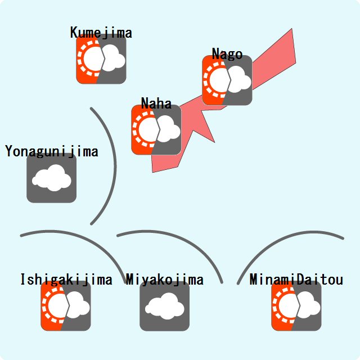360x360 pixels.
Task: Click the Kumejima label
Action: click(x=101, y=33)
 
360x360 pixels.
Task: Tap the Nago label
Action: click(x=227, y=54)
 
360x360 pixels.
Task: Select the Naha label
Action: click(x=156, y=103)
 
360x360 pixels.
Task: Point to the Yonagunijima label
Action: click(x=52, y=151)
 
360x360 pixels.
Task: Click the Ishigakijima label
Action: click(x=66, y=280)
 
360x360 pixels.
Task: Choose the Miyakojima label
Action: click(x=165, y=280)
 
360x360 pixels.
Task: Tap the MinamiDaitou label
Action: click(x=296, y=280)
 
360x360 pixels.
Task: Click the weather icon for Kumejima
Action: click(x=101, y=59)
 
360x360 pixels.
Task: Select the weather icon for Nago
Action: click(x=227, y=80)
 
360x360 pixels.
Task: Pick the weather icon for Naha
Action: click(x=156, y=130)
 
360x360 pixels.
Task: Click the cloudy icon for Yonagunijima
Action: click(x=52, y=178)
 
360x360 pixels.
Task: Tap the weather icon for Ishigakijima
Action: click(x=66, y=306)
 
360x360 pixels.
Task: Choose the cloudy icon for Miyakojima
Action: click(x=165, y=306)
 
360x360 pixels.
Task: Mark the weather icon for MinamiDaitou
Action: click(x=296, y=306)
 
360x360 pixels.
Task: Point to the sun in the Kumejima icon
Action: click(x=90, y=59)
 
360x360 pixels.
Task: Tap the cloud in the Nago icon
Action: click(x=238, y=80)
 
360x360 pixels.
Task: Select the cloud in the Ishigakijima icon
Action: click(x=78, y=306)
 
